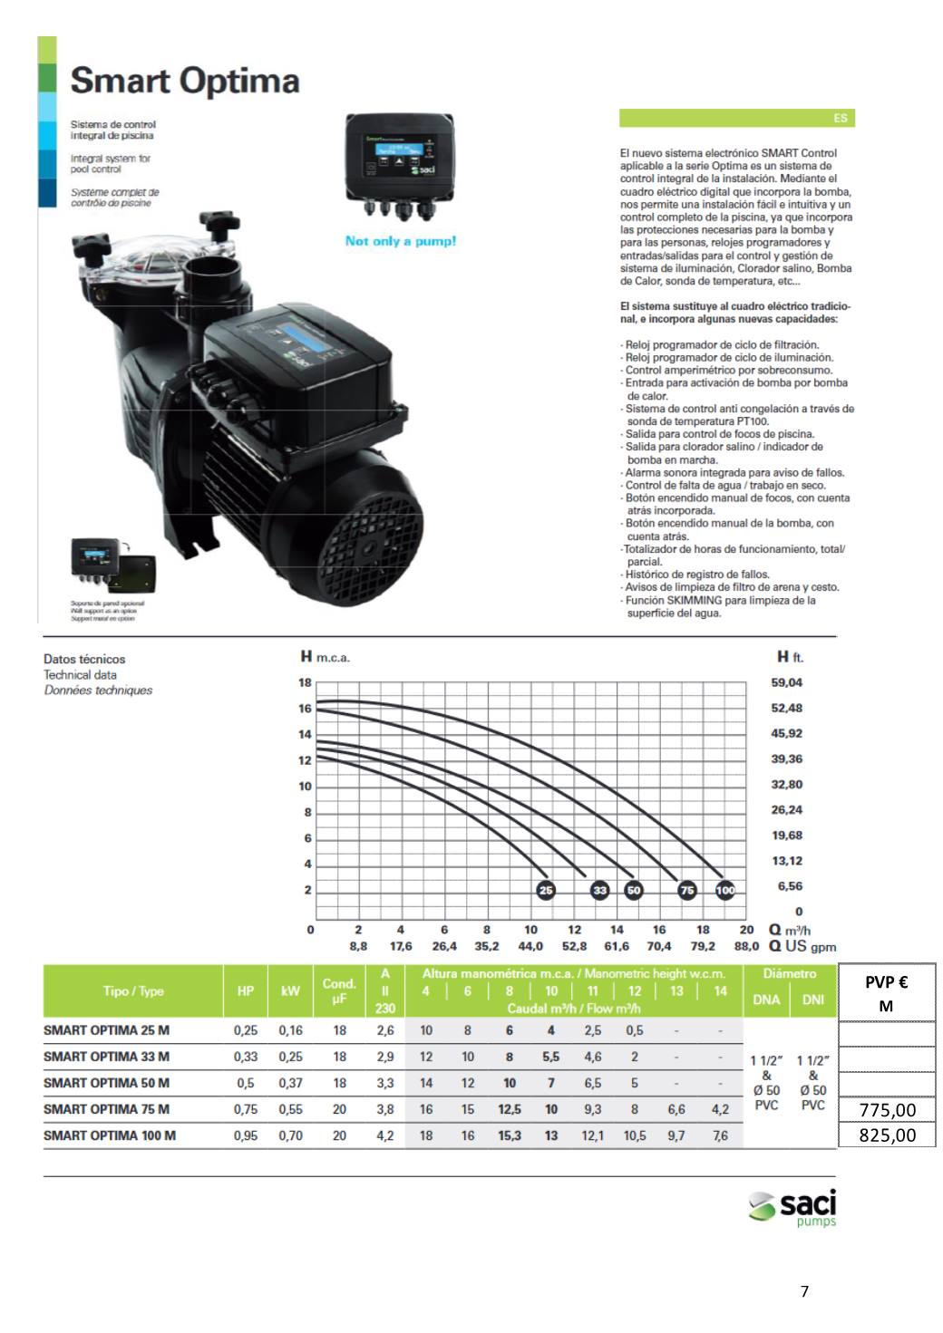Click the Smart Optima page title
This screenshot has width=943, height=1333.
(x=185, y=82)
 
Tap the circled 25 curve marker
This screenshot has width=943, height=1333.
(x=546, y=891)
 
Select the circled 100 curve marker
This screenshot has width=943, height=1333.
(x=725, y=891)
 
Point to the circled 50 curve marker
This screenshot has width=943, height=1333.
(x=634, y=891)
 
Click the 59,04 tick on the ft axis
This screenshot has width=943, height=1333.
(x=786, y=682)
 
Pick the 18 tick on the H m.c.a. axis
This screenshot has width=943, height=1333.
(x=306, y=682)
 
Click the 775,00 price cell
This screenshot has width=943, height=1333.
(x=887, y=1110)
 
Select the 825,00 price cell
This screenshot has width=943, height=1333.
(x=887, y=1135)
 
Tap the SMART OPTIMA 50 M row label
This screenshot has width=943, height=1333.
(x=106, y=1083)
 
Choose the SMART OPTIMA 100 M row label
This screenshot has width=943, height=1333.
(x=110, y=1135)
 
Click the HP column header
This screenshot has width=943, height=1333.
(x=245, y=991)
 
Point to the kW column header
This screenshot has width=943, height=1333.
(x=290, y=991)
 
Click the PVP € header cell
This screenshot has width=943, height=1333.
(x=887, y=993)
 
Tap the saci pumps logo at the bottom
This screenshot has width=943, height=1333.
(x=792, y=1208)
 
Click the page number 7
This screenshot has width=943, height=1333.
(x=804, y=1291)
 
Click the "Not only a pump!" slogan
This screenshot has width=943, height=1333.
(x=401, y=241)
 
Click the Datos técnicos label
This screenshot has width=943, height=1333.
(x=84, y=659)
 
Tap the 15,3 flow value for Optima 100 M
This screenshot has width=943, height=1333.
(x=510, y=1135)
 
